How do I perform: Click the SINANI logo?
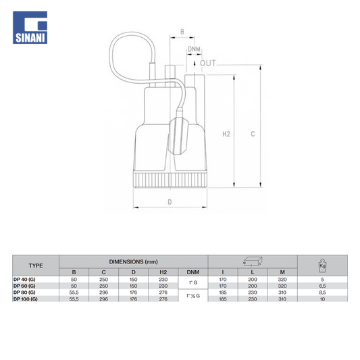click(x=30, y=27)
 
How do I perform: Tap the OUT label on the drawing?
click(x=208, y=63)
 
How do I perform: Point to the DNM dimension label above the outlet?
click(x=194, y=49)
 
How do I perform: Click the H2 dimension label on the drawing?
click(x=226, y=134)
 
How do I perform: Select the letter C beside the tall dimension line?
click(x=253, y=134)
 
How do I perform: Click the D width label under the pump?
click(x=170, y=202)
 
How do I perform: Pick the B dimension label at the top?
click(x=182, y=32)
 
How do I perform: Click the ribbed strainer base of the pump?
click(x=170, y=180)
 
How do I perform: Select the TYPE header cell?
click(x=36, y=265)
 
